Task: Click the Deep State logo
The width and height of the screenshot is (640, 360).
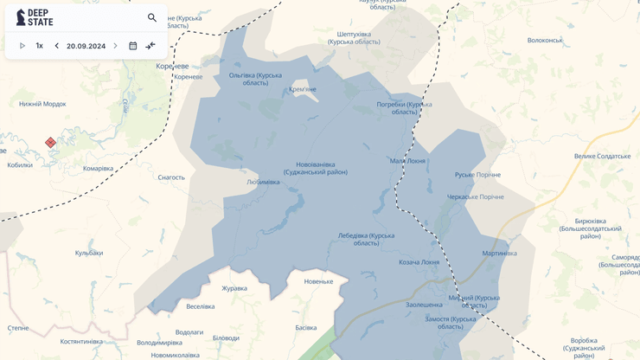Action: point(35,17)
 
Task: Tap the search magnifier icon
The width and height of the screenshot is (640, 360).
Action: point(152,17)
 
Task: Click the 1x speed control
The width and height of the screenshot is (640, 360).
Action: point(39,46)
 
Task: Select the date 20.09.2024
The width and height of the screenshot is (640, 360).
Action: point(86,46)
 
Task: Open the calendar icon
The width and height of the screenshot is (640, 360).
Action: point(132,46)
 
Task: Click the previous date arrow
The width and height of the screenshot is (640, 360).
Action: point(57,46)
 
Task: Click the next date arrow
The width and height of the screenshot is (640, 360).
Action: point(115,46)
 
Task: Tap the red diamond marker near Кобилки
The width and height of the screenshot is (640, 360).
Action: point(50,143)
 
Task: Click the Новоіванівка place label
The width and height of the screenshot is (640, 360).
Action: point(315,168)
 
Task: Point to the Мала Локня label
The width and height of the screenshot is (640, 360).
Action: point(407,161)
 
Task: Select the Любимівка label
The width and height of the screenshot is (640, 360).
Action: point(263,183)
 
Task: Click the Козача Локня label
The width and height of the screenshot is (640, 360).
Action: point(419,262)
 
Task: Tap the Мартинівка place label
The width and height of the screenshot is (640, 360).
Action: point(499,254)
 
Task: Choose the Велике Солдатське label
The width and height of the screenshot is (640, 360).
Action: point(602,157)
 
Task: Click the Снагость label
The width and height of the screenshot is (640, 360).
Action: point(171,177)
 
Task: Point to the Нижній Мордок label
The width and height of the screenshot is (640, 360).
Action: point(42,104)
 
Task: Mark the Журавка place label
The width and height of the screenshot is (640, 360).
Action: point(234,288)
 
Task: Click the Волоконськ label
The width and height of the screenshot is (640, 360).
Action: point(545,41)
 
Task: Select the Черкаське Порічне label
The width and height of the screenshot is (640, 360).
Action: point(475,197)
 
